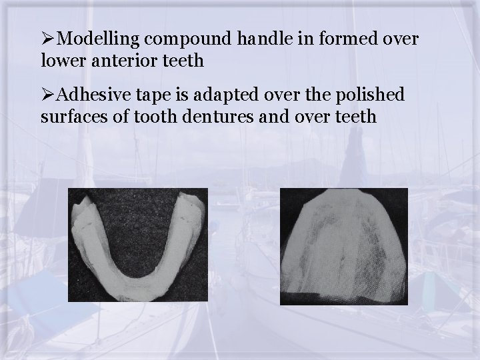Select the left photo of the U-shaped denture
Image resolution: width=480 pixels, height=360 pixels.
(x=137, y=246)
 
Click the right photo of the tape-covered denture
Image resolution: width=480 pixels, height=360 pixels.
(x=343, y=246)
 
